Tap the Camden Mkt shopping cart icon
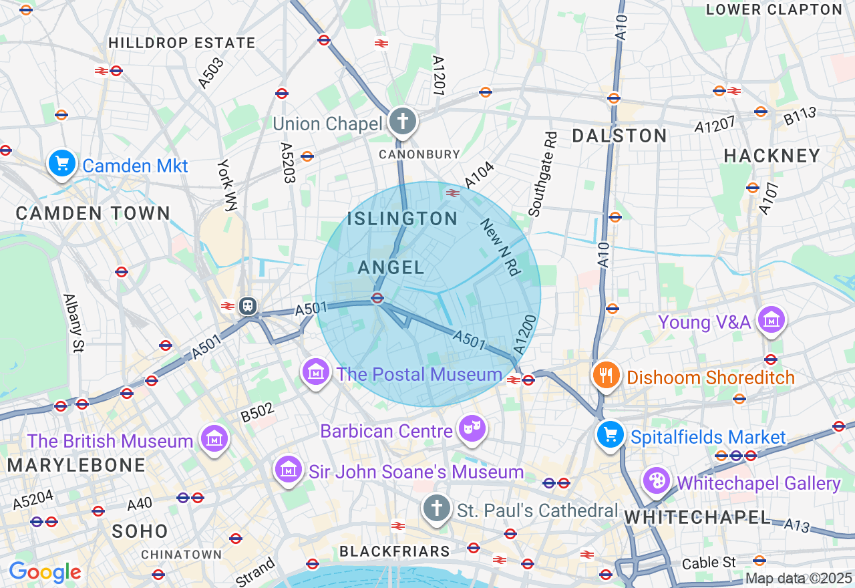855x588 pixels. click(x=61, y=163)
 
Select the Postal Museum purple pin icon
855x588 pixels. click(x=316, y=372)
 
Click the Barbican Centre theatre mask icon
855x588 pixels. click(x=472, y=428)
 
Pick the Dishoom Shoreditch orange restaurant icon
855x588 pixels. click(x=607, y=376)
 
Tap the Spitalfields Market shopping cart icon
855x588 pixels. click(x=610, y=435)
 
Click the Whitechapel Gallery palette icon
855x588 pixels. click(x=657, y=481)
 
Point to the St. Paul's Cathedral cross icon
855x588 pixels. click(x=436, y=509)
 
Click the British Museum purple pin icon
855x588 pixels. click(x=214, y=439)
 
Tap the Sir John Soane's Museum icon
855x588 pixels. click(x=289, y=470)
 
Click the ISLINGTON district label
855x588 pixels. click(x=402, y=218)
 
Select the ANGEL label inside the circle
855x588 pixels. click(x=391, y=268)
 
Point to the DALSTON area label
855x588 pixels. click(x=619, y=136)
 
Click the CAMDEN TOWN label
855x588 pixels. click(x=93, y=214)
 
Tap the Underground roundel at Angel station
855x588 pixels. click(x=377, y=298)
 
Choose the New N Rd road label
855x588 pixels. click(x=500, y=247)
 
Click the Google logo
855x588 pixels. click(x=45, y=572)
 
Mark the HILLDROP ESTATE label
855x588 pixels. click(x=182, y=43)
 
